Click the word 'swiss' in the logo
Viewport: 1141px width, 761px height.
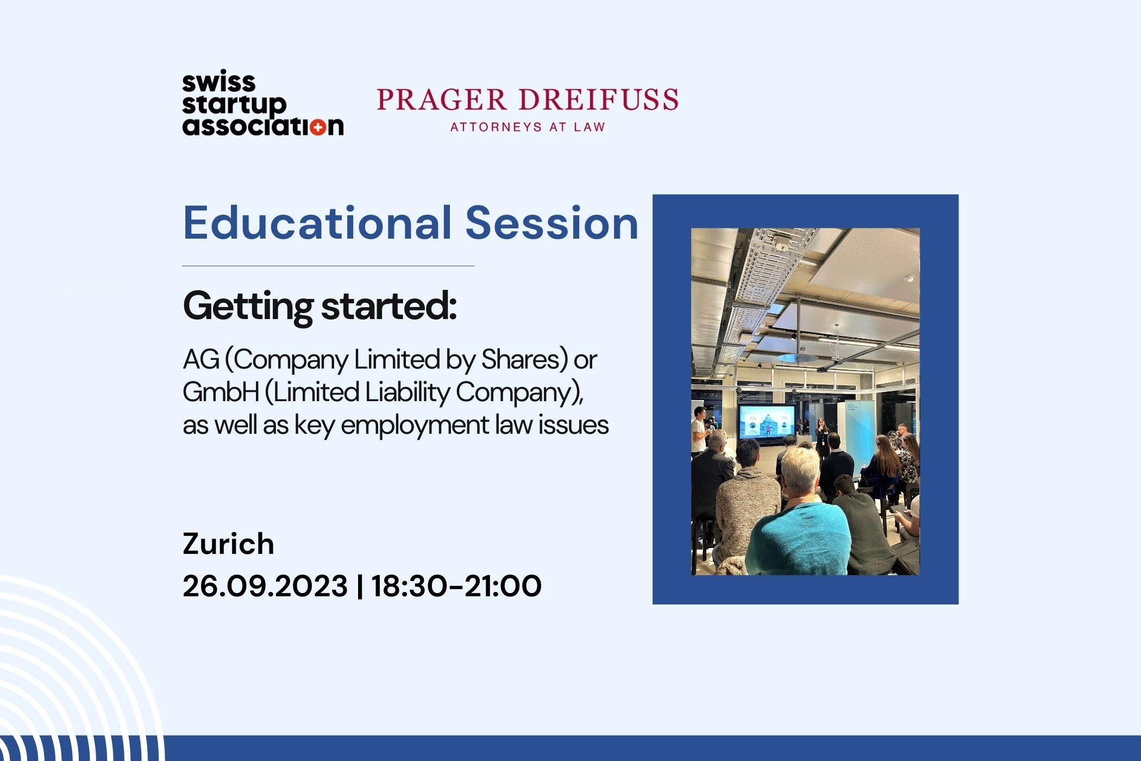tap(218, 83)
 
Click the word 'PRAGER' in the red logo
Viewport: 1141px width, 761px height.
tap(441, 99)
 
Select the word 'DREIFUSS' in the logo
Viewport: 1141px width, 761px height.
tap(598, 99)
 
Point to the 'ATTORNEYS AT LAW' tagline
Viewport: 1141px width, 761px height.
tap(528, 127)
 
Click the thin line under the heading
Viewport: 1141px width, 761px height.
tap(328, 266)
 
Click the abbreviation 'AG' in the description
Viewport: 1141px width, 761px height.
tap(201, 360)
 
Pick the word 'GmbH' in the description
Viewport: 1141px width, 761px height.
tap(221, 392)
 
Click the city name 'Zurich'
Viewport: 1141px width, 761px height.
tap(228, 544)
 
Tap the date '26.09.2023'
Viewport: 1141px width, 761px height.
tap(265, 586)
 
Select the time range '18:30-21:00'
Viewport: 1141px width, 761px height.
tap(456, 586)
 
